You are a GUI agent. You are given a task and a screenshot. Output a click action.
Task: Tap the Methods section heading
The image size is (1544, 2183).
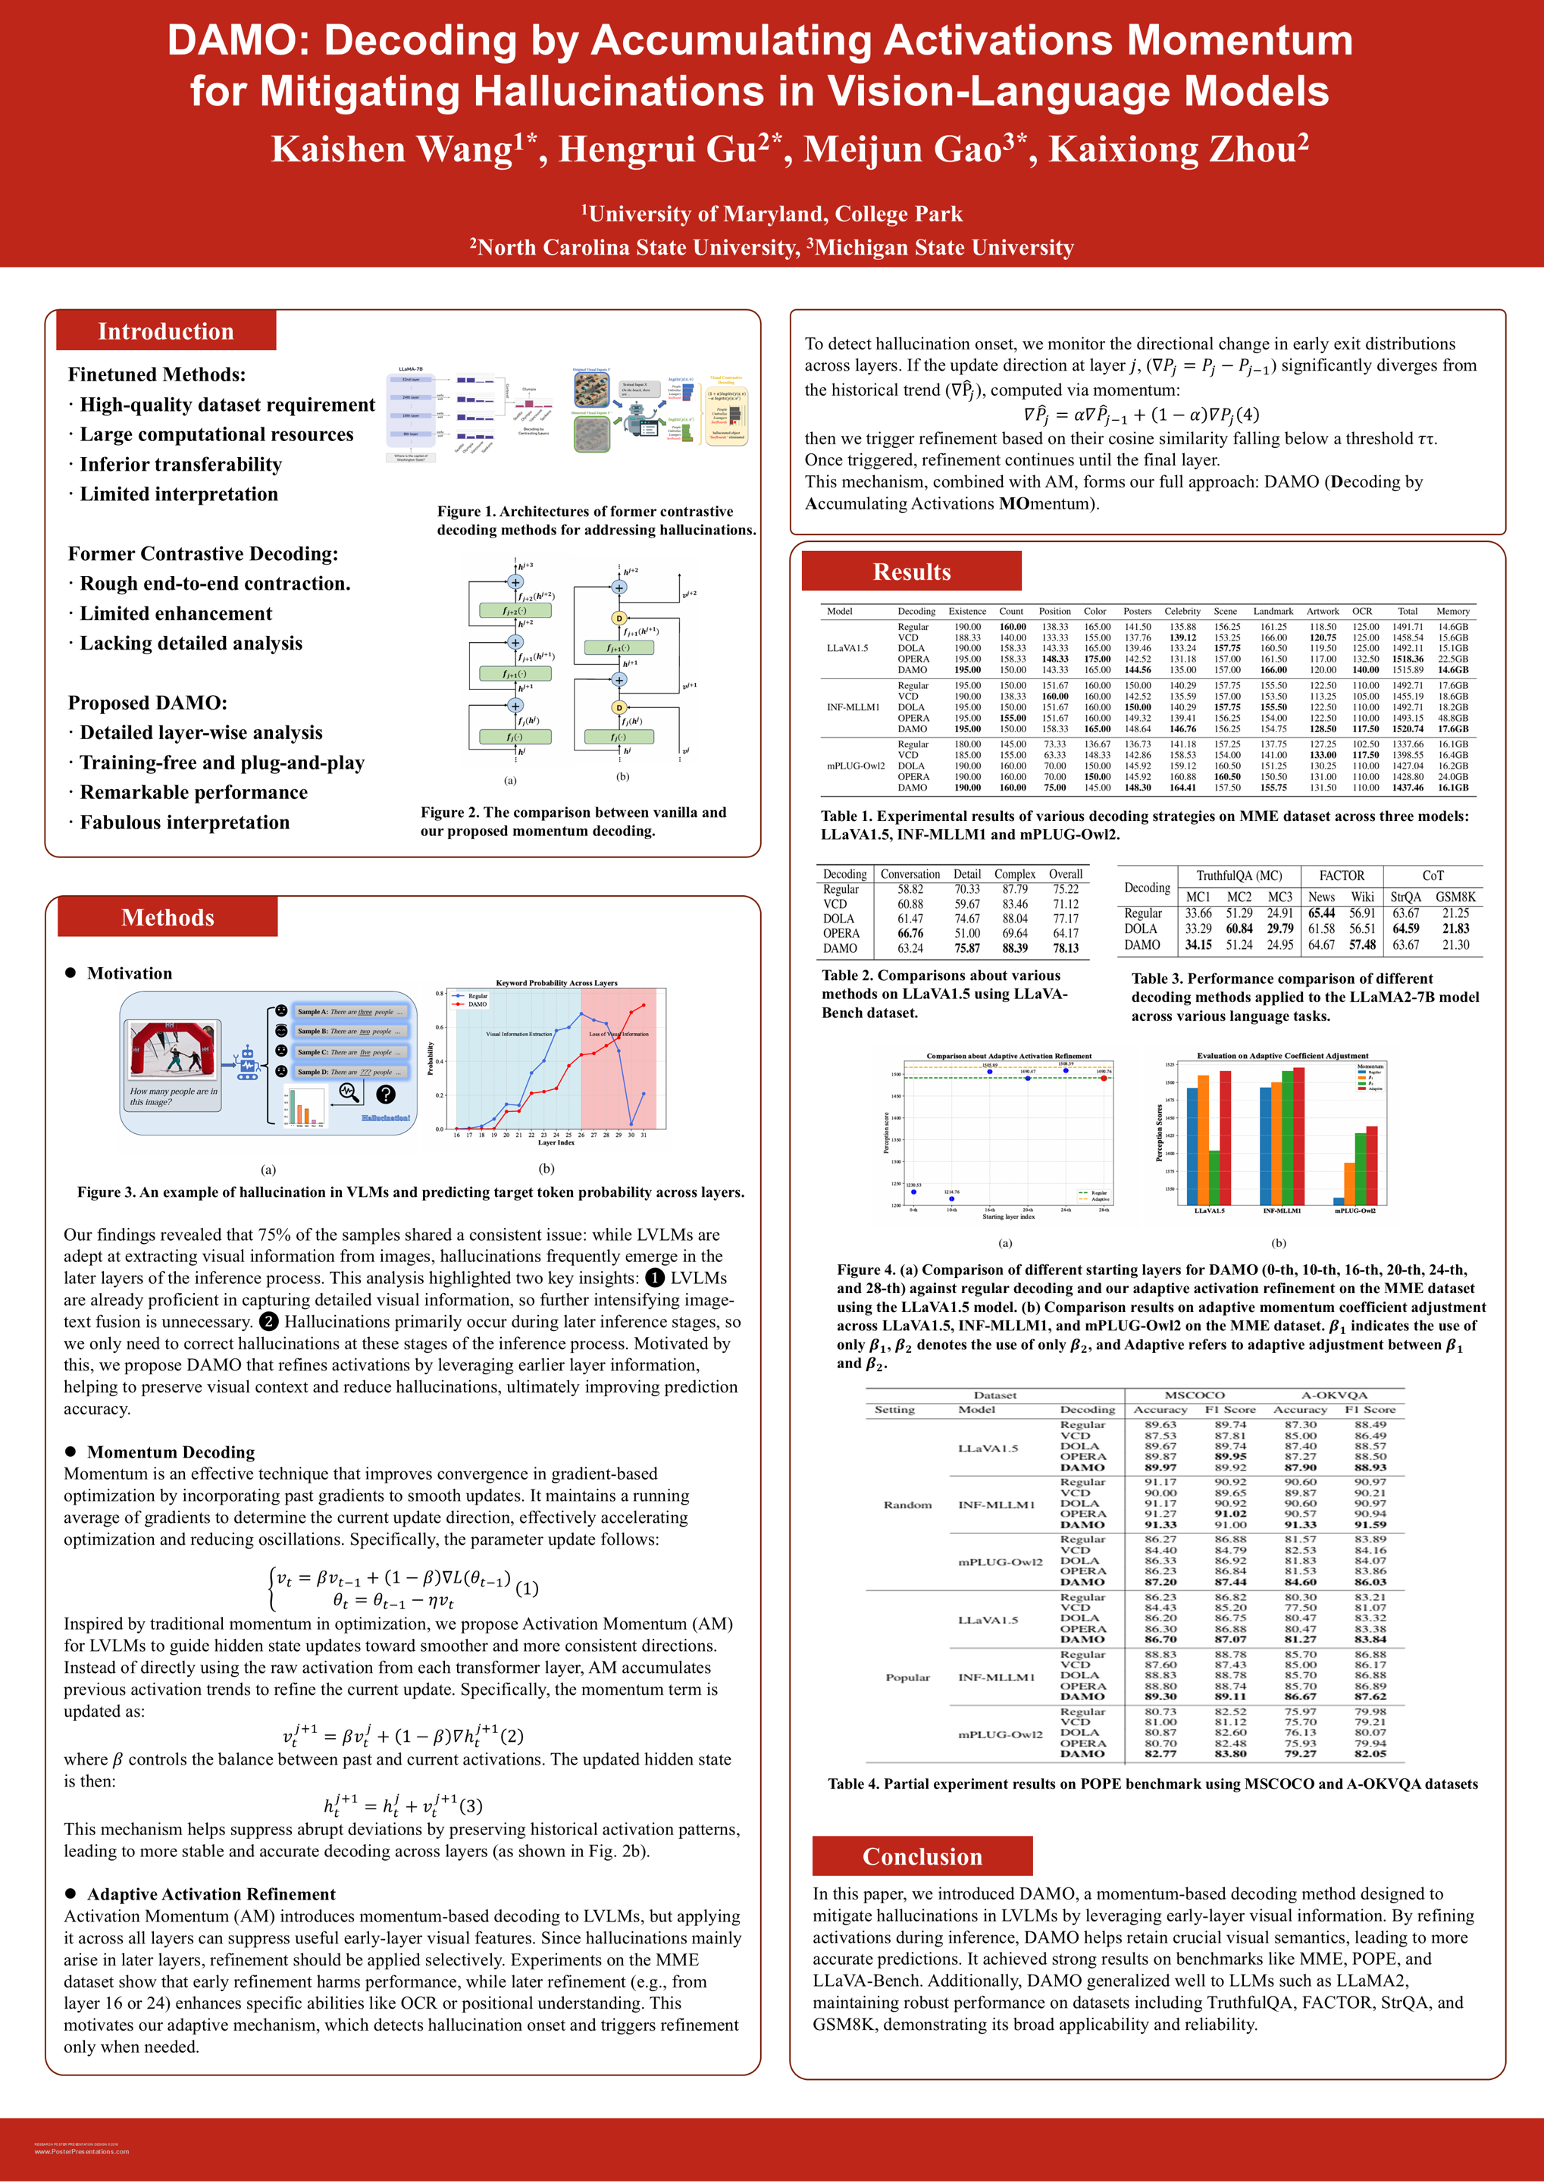[x=168, y=916]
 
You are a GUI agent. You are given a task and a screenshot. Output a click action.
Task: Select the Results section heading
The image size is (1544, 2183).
[x=911, y=572]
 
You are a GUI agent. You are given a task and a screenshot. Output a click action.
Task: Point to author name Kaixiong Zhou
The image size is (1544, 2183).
[x=1178, y=149]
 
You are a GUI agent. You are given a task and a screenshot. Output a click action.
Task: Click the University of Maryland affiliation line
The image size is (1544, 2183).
[x=771, y=214]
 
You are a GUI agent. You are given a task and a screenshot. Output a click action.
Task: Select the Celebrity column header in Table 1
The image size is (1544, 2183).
[x=1182, y=612]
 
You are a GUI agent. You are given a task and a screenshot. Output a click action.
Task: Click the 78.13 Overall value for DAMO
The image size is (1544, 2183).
[x=1065, y=948]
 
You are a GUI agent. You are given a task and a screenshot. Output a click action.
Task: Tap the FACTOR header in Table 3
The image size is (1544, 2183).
[x=1341, y=875]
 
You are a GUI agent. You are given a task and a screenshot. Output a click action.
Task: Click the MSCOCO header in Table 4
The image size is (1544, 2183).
[x=1194, y=1395]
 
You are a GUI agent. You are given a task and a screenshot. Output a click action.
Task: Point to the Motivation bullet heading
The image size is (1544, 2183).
[x=130, y=972]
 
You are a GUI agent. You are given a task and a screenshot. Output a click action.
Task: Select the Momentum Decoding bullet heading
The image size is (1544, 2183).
[x=171, y=1452]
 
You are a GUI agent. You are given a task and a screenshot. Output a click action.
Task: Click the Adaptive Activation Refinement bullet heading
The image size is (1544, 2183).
[x=211, y=1894]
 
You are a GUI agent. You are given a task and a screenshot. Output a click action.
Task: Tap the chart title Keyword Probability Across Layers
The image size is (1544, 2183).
[x=556, y=982]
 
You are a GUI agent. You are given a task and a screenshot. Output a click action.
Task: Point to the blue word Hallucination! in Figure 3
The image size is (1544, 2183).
[x=385, y=1118]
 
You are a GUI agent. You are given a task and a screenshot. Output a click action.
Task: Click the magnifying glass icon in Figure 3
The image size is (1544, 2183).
[x=349, y=1094]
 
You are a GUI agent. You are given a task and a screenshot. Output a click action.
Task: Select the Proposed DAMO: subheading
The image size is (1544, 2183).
[x=147, y=703]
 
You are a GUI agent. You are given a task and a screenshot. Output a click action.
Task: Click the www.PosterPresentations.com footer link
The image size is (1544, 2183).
[x=82, y=2150]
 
